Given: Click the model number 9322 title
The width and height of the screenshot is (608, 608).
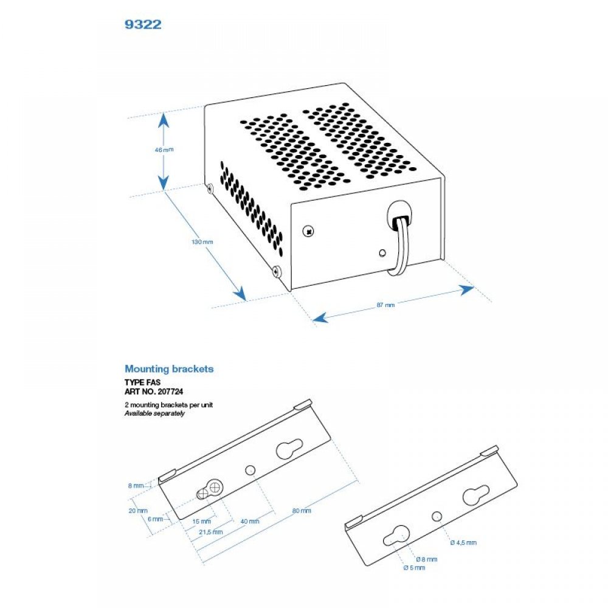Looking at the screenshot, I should (143, 26).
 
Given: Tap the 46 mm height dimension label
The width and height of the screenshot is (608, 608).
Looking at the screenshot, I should (160, 150).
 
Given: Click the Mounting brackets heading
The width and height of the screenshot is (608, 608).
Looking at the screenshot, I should (169, 369).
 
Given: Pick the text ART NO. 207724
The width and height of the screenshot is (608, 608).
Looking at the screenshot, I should (151, 392).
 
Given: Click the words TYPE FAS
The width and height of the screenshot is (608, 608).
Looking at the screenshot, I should (142, 383).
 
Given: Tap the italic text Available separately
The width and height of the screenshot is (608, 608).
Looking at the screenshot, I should (154, 413).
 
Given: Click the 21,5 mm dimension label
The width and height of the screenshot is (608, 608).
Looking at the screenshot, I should (210, 531).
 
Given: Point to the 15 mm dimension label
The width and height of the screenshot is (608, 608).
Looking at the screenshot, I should (202, 522).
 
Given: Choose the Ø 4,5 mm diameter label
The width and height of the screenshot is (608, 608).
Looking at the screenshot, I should (463, 542).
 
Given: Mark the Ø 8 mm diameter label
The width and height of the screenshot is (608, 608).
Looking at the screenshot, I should (426, 559).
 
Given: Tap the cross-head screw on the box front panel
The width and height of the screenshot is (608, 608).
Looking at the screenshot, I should (308, 231).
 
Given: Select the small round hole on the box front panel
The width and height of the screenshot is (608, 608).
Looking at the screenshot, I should (382, 253).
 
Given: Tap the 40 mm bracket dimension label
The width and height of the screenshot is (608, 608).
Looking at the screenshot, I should (250, 521).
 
